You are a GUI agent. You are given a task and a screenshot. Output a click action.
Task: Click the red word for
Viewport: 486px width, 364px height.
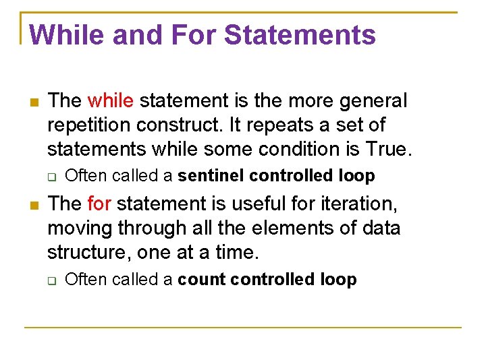click(100, 204)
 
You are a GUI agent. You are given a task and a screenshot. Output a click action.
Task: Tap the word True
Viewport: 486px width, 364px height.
click(386, 148)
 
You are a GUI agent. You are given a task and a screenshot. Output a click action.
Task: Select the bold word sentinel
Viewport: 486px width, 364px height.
click(211, 176)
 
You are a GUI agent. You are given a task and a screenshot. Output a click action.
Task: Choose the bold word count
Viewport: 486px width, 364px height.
click(201, 279)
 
